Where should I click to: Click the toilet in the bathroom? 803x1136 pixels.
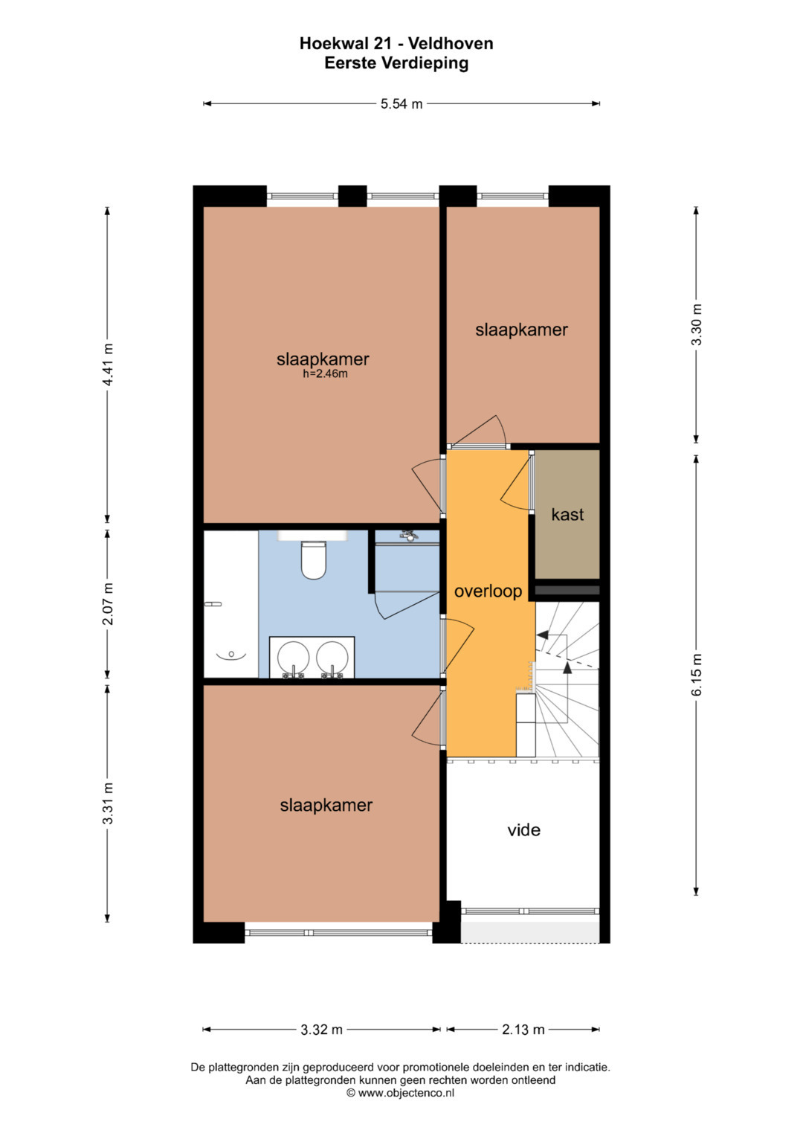(x=313, y=560)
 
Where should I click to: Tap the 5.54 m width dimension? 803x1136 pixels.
(x=401, y=104)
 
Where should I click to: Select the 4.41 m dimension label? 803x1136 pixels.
(x=108, y=364)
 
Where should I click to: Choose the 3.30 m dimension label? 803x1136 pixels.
(x=697, y=324)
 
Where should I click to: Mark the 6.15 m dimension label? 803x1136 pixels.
(x=697, y=675)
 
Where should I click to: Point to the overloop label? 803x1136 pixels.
(x=488, y=591)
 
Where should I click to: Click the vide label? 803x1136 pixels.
(x=523, y=830)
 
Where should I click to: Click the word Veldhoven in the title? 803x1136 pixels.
(x=451, y=44)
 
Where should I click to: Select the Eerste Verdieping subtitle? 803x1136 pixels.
(x=396, y=64)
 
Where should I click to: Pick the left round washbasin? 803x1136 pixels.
(x=293, y=657)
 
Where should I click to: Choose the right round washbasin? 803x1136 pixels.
(x=332, y=657)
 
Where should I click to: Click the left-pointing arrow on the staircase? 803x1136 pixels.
(x=543, y=635)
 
